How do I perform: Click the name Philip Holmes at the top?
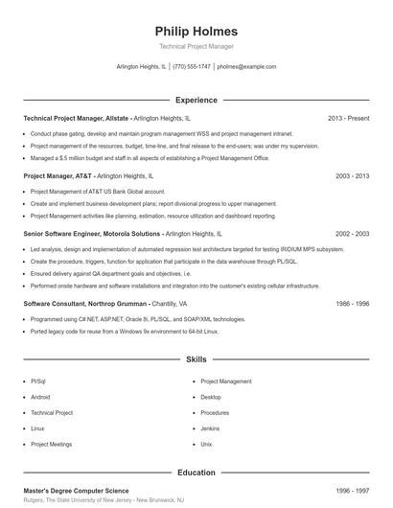tap(196, 30)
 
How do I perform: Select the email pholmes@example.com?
tap(246, 67)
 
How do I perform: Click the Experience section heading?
tap(196, 100)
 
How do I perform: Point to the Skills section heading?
tap(196, 359)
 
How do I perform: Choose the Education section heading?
tap(196, 473)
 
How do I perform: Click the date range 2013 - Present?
tap(348, 118)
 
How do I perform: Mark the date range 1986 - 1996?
tap(352, 303)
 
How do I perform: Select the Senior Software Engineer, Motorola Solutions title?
tap(92, 233)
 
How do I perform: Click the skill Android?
tap(40, 397)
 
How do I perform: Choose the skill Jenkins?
tap(211, 428)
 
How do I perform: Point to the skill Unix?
tap(206, 445)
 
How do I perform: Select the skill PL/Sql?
tap(38, 381)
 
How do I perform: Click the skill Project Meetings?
tap(51, 445)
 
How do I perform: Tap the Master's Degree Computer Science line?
tap(76, 490)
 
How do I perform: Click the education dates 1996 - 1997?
tap(352, 490)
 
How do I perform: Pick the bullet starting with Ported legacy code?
tap(125, 331)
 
